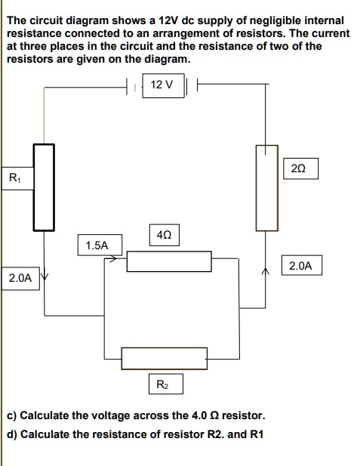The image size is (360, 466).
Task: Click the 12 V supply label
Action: point(162,85)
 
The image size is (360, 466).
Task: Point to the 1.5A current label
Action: point(97,245)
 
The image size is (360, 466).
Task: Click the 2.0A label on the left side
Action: point(20,278)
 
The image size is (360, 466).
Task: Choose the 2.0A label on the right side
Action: point(300,265)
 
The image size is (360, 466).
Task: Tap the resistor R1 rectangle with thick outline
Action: point(44,186)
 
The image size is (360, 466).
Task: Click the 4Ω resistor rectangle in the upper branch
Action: point(168,261)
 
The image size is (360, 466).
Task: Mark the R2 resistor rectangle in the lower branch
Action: point(164,358)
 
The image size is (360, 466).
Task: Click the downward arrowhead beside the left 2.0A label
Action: point(43,276)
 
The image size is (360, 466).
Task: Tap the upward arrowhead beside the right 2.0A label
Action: point(266,270)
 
